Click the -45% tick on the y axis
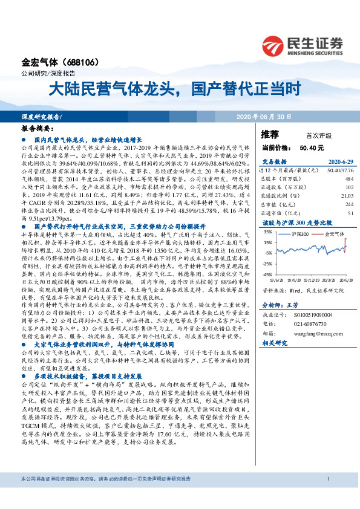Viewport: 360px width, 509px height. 266,274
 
